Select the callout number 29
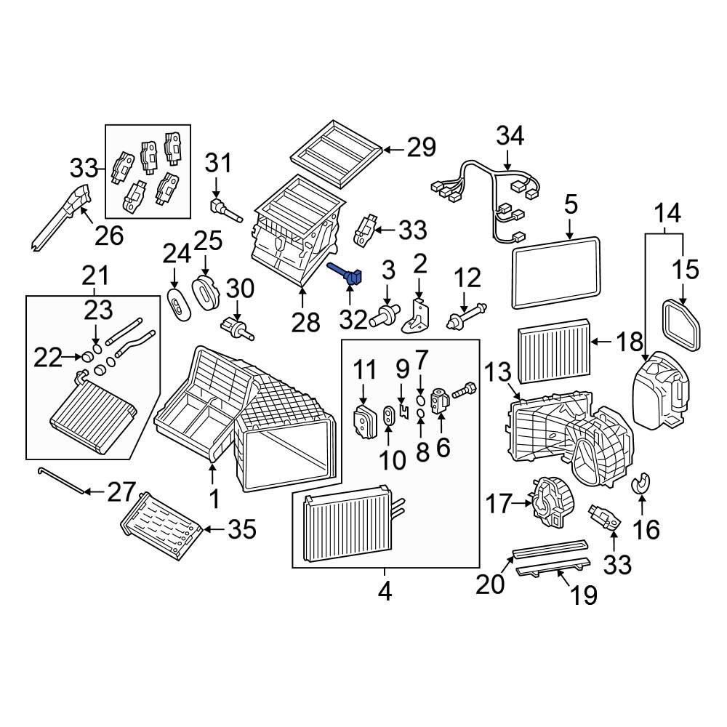pos(421,148)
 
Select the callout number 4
pos(385,591)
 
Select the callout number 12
pos(467,278)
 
